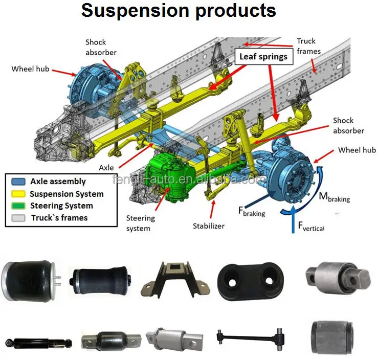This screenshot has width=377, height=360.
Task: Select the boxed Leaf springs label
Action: [x=263, y=56]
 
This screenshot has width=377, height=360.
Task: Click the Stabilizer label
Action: [x=208, y=226]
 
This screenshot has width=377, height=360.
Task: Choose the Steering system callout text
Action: [x=141, y=223]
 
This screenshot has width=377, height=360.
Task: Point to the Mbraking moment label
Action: [x=335, y=196]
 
